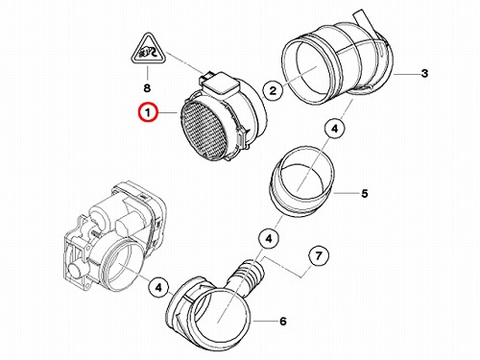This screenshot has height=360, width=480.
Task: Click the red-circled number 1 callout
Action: pyautogui.click(x=148, y=112)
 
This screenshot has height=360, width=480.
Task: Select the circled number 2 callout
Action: pyautogui.click(x=273, y=90)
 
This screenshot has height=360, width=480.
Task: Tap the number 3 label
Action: pyautogui.click(x=424, y=73)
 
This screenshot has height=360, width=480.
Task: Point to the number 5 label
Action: pyautogui.click(x=365, y=194)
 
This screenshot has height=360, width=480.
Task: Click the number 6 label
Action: pyautogui.click(x=283, y=321)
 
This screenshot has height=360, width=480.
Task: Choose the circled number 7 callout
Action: pyautogui.click(x=319, y=256)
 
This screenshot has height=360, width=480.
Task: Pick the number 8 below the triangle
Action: pyautogui.click(x=147, y=88)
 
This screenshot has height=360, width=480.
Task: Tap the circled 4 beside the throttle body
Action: pyautogui.click(x=158, y=288)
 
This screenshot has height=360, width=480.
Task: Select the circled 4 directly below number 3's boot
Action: pyautogui.click(x=334, y=129)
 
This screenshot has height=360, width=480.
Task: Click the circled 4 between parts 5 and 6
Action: pyautogui.click(x=269, y=239)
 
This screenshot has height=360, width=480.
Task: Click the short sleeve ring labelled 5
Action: pyautogui.click(x=300, y=180)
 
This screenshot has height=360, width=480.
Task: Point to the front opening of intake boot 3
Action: pyautogui.click(x=306, y=71)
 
